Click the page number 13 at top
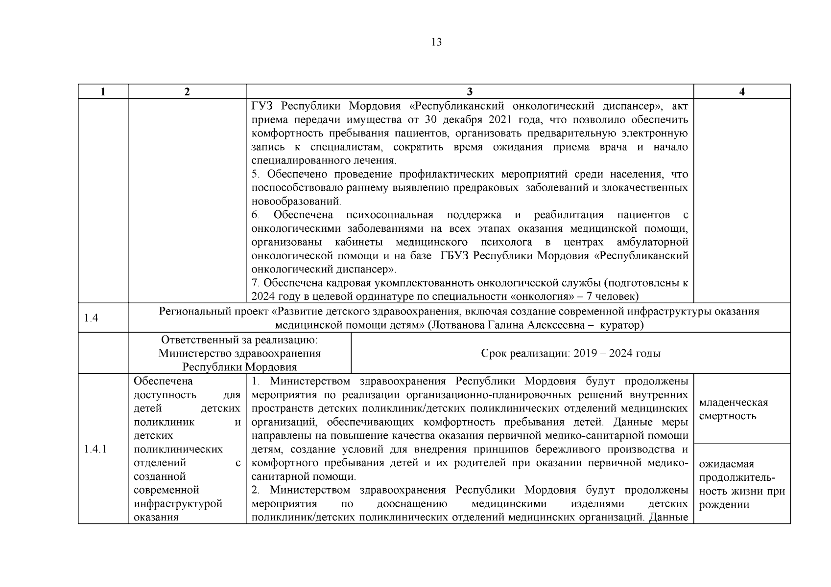point(436,43)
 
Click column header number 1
point(103,92)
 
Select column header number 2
point(187,92)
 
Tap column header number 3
point(470,92)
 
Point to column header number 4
point(742,92)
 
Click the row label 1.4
point(91,318)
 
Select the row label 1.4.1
point(95,449)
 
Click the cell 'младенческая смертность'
point(733,409)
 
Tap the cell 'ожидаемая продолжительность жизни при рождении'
point(741,484)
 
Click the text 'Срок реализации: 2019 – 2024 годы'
point(570,354)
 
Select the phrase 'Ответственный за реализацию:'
point(239,339)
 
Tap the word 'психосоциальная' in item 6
point(389,215)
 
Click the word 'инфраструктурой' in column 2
point(178,504)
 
